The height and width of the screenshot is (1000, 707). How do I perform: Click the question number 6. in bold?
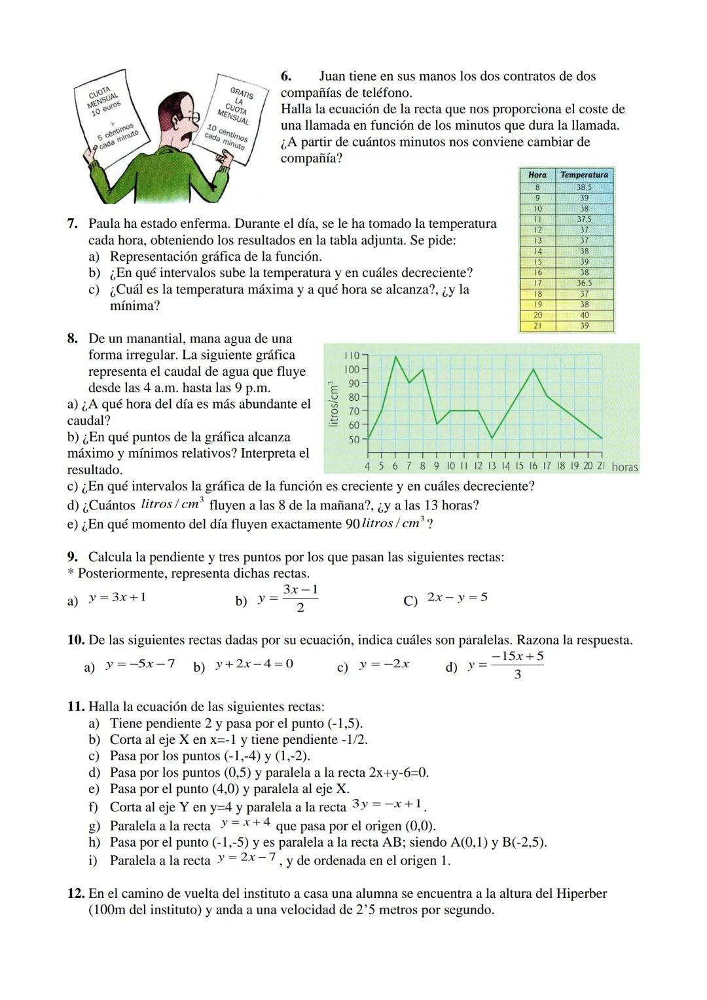tap(286, 77)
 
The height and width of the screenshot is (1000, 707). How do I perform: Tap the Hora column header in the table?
tap(537, 175)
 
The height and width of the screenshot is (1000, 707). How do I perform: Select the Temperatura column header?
tap(584, 175)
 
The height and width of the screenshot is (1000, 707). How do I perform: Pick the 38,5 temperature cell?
tap(584, 187)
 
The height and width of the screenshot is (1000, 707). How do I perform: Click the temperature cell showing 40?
tap(584, 315)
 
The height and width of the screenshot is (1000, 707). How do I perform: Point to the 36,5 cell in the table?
tap(584, 283)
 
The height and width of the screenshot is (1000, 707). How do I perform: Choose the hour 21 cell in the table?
tap(537, 325)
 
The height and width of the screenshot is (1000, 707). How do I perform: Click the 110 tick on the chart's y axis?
tap(352, 355)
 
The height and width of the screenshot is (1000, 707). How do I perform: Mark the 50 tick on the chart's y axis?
tap(353, 439)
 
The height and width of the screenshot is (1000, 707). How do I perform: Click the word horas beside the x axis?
tap(625, 468)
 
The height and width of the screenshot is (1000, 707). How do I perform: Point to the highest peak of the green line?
tap(395, 356)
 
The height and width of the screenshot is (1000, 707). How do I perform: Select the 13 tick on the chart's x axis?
tap(492, 466)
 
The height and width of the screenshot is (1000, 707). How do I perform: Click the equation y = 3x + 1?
tap(118, 597)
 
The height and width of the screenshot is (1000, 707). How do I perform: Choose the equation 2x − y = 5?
tap(457, 597)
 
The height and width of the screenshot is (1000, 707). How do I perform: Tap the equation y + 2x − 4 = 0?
tap(254, 664)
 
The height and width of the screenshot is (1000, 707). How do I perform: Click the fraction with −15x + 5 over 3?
tap(517, 665)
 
